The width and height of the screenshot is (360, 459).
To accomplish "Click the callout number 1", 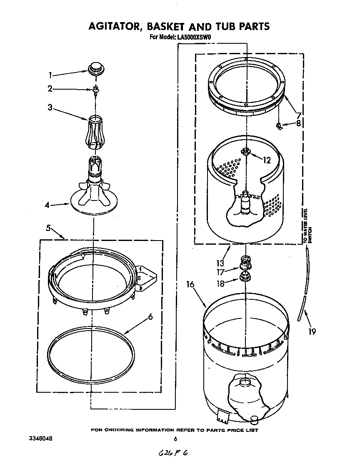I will pyautogui.click(x=50, y=75).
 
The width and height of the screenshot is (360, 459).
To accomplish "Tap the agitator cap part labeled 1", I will pyautogui.click(x=95, y=67).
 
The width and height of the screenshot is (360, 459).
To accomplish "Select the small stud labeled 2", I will pyautogui.click(x=96, y=89).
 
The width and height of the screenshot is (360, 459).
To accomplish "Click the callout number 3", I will pyautogui.click(x=50, y=107).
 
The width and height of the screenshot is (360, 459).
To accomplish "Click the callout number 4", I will pyautogui.click(x=48, y=205).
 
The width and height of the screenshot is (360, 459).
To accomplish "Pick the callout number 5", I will pyautogui.click(x=48, y=228).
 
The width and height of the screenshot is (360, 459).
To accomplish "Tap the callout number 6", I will pyautogui.click(x=150, y=316).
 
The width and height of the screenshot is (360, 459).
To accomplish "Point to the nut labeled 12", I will pyautogui.click(x=246, y=152).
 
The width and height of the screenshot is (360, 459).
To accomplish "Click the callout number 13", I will pyautogui.click(x=220, y=263).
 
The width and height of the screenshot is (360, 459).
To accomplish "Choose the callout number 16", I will pyautogui.click(x=190, y=284).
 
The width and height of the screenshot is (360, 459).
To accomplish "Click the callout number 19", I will pyautogui.click(x=311, y=331).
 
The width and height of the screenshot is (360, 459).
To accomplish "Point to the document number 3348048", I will pyautogui.click(x=41, y=439).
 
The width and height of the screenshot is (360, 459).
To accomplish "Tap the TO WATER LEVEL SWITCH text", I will pyautogui.click(x=307, y=226).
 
